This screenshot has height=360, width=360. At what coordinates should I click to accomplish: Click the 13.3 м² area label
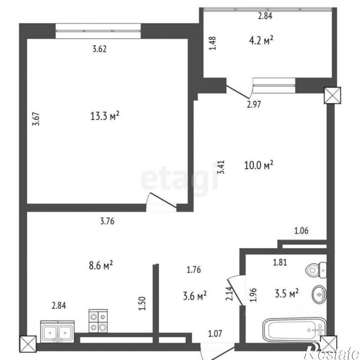[105, 117]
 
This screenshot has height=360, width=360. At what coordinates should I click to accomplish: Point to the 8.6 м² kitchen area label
[100, 266]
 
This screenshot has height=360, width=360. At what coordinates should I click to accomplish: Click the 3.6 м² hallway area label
[195, 296]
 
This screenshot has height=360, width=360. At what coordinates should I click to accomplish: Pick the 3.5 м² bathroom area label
[287, 293]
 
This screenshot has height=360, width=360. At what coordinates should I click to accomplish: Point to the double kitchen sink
[57, 331]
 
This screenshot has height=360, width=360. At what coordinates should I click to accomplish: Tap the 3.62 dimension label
[100, 49]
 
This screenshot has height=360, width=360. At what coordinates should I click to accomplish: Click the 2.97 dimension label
[254, 104]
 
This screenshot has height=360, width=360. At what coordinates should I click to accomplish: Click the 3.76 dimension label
[107, 222]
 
